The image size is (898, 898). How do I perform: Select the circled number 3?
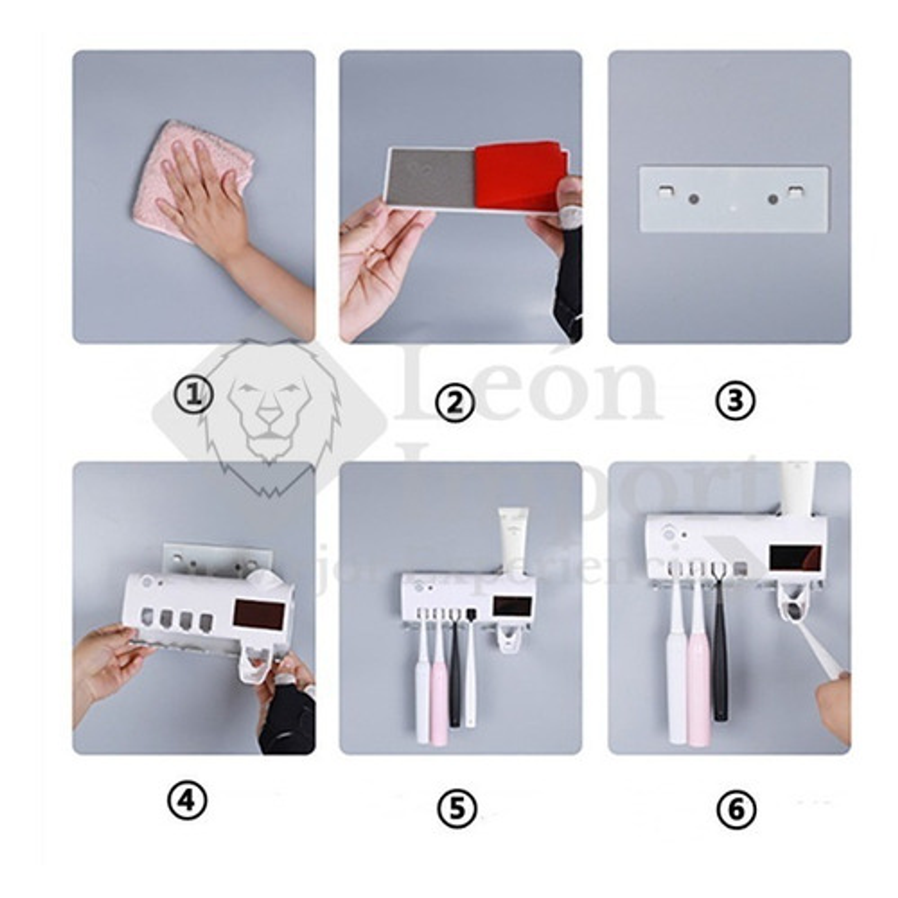coord(735,401)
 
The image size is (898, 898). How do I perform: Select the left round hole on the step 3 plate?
coord(694,199)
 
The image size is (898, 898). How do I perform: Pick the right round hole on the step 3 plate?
coord(772,200)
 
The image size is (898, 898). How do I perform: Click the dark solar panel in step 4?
coord(259,620)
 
